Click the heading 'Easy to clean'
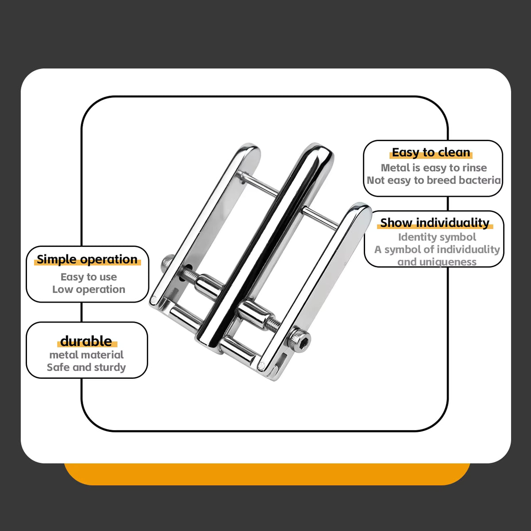pyautogui.click(x=431, y=152)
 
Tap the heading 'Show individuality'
pyautogui.click(x=435, y=223)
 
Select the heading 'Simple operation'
pyautogui.click(x=87, y=260)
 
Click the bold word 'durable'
pyautogui.click(x=86, y=342)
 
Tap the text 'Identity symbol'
pyautogui.click(x=437, y=237)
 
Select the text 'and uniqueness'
pyautogui.click(x=437, y=262)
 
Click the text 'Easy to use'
pyautogui.click(x=89, y=277)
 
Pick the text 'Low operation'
pyautogui.click(x=89, y=289)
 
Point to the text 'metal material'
pyautogui.click(x=87, y=355)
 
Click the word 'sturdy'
pyautogui.click(x=110, y=368)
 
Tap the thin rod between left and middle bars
pyautogui.click(x=259, y=184)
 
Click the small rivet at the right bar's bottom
pyautogui.click(x=261, y=366)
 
